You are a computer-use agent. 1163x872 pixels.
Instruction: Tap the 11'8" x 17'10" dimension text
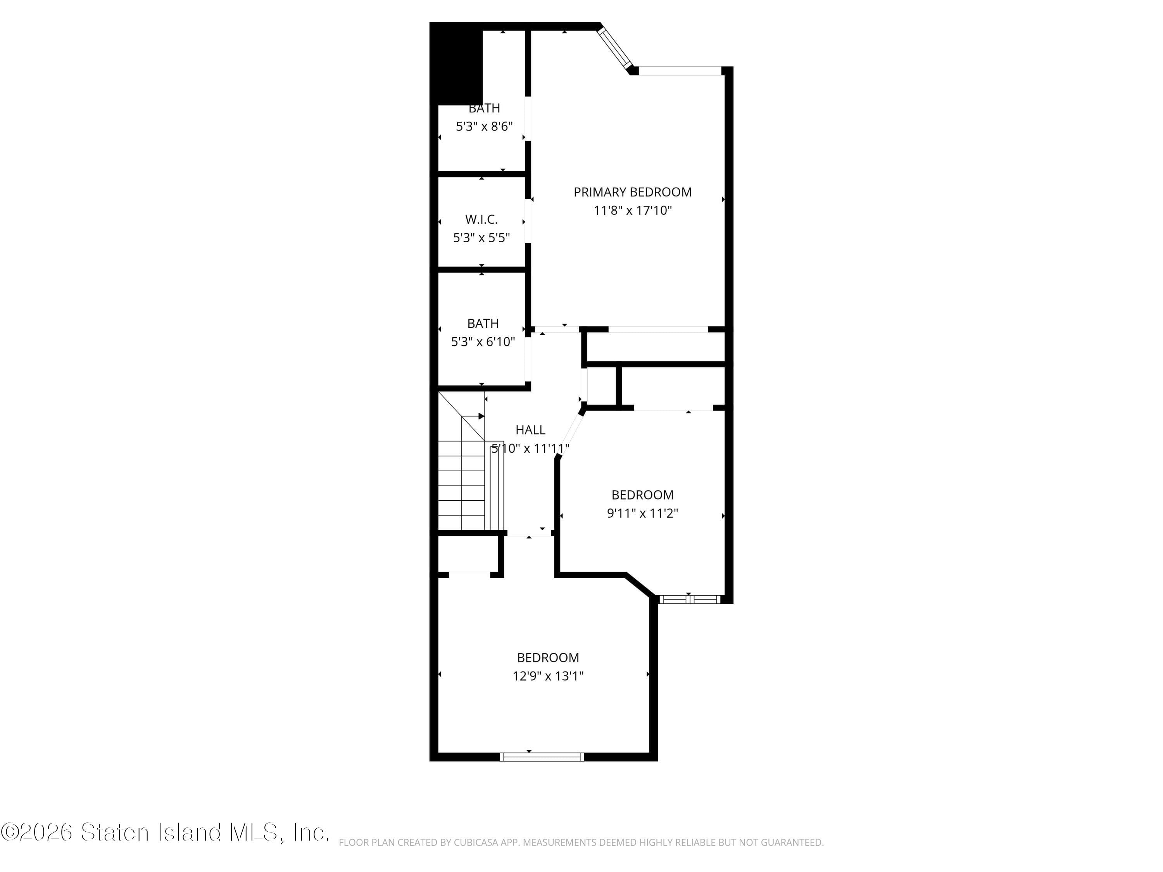(x=633, y=211)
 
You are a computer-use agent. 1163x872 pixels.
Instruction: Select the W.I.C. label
(x=481, y=220)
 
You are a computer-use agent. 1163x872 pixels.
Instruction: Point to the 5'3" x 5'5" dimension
(x=481, y=238)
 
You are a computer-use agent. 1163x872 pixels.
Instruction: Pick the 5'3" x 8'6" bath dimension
(x=484, y=127)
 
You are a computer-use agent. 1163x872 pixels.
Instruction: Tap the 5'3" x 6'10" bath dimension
(x=483, y=342)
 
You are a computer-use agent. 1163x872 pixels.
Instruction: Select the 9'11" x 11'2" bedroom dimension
(x=642, y=514)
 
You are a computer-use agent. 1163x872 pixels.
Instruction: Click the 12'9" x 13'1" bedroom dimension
(x=548, y=676)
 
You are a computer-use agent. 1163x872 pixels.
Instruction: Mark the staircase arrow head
(x=481, y=416)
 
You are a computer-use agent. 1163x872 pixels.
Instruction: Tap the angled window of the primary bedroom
(x=614, y=47)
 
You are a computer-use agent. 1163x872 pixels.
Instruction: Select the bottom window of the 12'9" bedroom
(x=542, y=757)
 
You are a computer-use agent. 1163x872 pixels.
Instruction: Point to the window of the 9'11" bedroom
(x=689, y=599)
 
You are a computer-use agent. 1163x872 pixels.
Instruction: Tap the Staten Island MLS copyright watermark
(x=165, y=832)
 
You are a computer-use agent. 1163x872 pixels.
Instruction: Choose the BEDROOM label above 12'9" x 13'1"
(x=548, y=658)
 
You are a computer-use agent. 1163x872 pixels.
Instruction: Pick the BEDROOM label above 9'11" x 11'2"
(x=642, y=495)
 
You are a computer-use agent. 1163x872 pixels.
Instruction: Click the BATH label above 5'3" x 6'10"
(x=483, y=324)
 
